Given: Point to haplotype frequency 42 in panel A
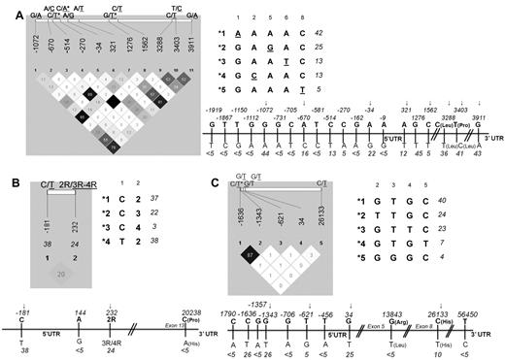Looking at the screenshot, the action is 317,33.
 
